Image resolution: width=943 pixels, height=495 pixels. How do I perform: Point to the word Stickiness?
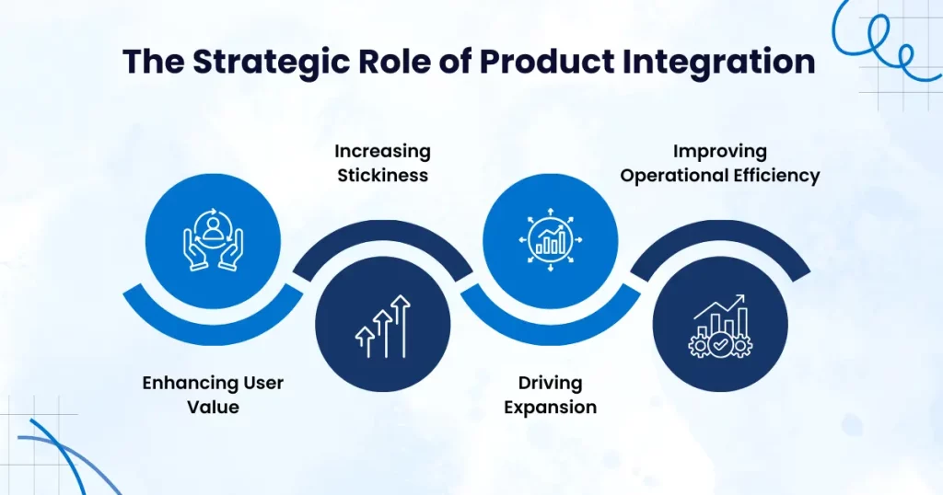pyautogui.click(x=382, y=176)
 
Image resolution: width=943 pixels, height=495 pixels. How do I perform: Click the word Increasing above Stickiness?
pyautogui.click(x=382, y=152)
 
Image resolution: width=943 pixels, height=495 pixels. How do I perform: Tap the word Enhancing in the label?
pyautogui.click(x=182, y=383)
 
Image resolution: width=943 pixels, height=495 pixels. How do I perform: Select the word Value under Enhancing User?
pyautogui.click(x=213, y=407)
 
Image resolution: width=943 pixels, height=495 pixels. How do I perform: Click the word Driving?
pyautogui.click(x=551, y=383)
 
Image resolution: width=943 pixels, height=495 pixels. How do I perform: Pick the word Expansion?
pyautogui.click(x=551, y=408)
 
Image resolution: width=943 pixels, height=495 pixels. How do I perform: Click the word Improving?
pyautogui.click(x=720, y=152)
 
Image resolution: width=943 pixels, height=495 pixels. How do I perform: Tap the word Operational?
pyautogui.click(x=668, y=176)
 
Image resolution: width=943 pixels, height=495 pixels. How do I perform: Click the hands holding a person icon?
pyautogui.click(x=213, y=240)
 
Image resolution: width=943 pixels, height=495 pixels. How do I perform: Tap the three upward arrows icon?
pyautogui.click(x=382, y=327)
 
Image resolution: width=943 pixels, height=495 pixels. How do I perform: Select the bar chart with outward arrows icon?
pyautogui.click(x=551, y=240)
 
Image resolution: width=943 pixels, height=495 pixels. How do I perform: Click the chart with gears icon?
pyautogui.click(x=720, y=327)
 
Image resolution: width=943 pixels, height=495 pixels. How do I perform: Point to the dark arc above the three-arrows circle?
pyautogui.click(x=382, y=231)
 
